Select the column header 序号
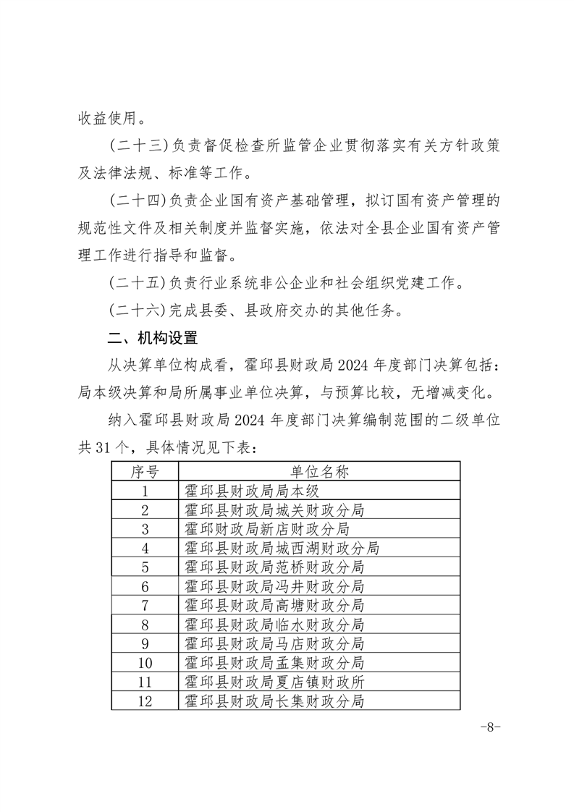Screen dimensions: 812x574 point(145,473)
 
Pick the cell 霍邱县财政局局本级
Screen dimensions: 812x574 point(248,491)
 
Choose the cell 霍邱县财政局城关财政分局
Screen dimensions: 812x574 point(274,510)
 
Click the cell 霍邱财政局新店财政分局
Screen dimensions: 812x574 point(267,529)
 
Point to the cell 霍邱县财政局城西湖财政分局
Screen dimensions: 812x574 point(282,548)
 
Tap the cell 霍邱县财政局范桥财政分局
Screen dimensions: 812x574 point(274,567)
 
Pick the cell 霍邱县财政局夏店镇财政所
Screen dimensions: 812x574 point(274,681)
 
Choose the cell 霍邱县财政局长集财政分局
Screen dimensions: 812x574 point(274,700)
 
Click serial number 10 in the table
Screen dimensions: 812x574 point(145,662)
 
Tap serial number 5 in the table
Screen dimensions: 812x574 point(145,567)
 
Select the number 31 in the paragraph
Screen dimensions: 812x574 point(105,449)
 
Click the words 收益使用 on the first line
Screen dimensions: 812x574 point(105,116)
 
